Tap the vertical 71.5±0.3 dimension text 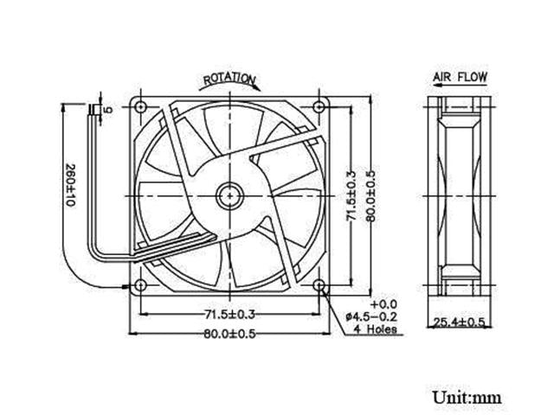[x=351, y=195]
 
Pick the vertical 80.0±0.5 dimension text [x=370, y=195]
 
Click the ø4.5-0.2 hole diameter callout [x=370, y=317]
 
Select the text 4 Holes [x=373, y=329]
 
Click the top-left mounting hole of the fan [x=139, y=108]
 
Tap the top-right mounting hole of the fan [x=319, y=108]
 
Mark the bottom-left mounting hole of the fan [x=139, y=285]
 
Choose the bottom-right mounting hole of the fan [x=319, y=285]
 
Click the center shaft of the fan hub [x=229, y=195]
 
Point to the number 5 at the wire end [x=108, y=110]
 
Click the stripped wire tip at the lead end [x=93, y=110]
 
